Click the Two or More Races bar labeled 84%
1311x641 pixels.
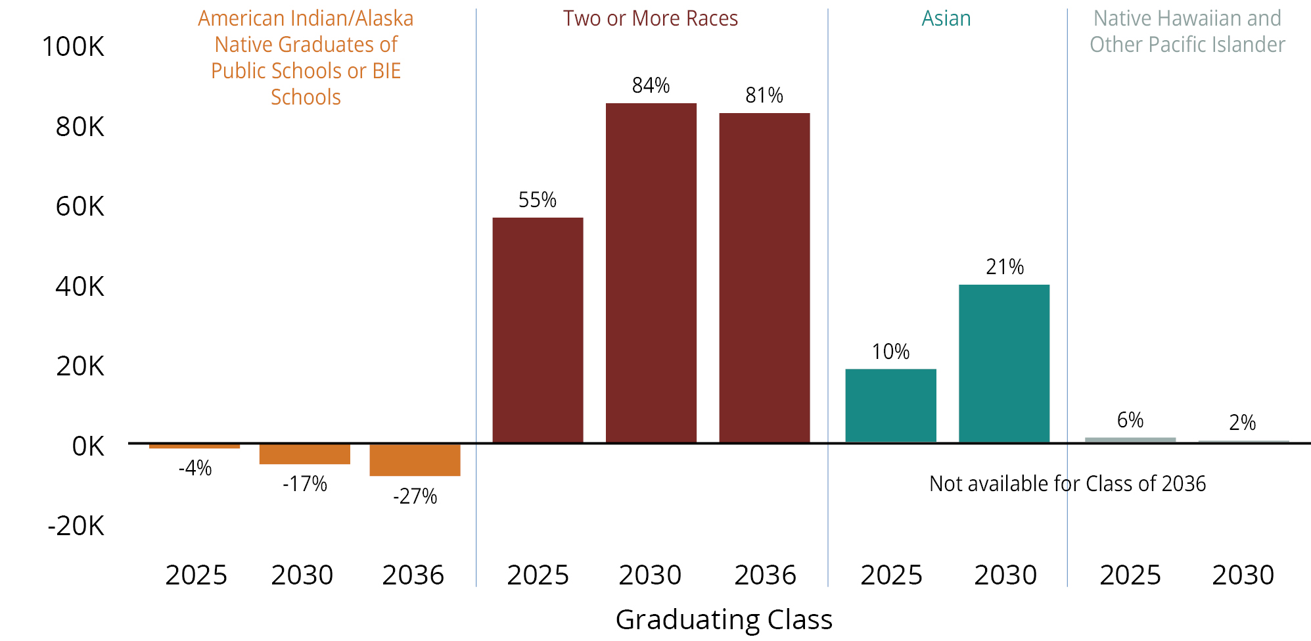click(x=651, y=273)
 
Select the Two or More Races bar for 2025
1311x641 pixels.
click(x=538, y=330)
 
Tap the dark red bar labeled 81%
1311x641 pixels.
click(x=764, y=278)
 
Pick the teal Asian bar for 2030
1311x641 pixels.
click(x=1003, y=364)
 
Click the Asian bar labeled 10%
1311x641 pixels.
click(x=890, y=406)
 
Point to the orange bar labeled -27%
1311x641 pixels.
click(x=415, y=460)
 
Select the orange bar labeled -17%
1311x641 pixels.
click(x=304, y=454)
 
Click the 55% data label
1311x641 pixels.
click(x=538, y=200)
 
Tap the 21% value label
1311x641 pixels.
click(x=1005, y=267)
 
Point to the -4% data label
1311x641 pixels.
click(x=195, y=468)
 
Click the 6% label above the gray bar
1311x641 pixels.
click(x=1130, y=420)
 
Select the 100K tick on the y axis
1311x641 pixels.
click(x=73, y=47)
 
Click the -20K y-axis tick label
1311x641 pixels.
click(x=76, y=526)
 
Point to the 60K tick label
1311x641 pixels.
click(x=80, y=206)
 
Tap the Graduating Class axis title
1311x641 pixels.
click(x=724, y=619)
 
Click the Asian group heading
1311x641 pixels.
click(x=946, y=18)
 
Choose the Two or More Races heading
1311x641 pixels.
click(x=650, y=18)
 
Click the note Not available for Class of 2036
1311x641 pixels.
click(x=1067, y=484)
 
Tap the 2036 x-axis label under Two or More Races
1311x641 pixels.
click(x=765, y=575)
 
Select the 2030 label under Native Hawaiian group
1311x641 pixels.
click(x=1243, y=575)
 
